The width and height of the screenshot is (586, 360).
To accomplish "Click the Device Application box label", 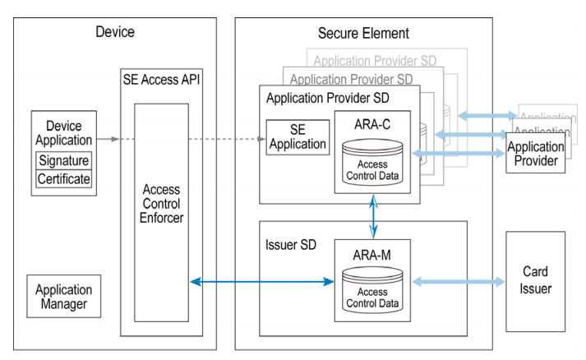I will click(64, 133).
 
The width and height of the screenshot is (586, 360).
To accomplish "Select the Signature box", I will click(64, 160).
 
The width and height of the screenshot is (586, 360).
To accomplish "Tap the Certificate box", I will click(64, 178).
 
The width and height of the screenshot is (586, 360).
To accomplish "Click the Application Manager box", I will click(64, 297).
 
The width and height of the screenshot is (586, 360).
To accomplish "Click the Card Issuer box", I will click(535, 280).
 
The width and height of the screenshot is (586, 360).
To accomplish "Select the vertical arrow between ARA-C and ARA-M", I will click(374, 215).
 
